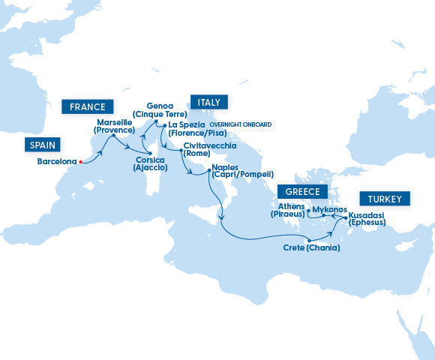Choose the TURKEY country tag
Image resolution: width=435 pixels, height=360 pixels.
[x=385, y=199]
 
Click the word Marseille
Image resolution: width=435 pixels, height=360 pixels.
[x=114, y=122]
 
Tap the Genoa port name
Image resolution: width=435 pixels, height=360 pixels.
[x=160, y=106]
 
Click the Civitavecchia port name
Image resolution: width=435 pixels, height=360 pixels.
[x=209, y=145]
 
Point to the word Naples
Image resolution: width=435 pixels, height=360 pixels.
[x=225, y=166]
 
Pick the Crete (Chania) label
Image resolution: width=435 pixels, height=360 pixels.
[x=312, y=247]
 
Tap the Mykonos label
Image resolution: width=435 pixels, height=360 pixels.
[x=329, y=208]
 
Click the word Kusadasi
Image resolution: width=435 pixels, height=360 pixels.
[x=367, y=214]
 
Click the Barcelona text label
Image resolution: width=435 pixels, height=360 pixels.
[x=57, y=161]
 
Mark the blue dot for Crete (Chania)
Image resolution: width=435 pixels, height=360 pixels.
[x=309, y=239]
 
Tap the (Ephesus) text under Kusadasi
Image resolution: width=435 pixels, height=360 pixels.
[x=367, y=223]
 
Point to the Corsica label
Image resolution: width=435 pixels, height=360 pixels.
[x=150, y=160]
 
